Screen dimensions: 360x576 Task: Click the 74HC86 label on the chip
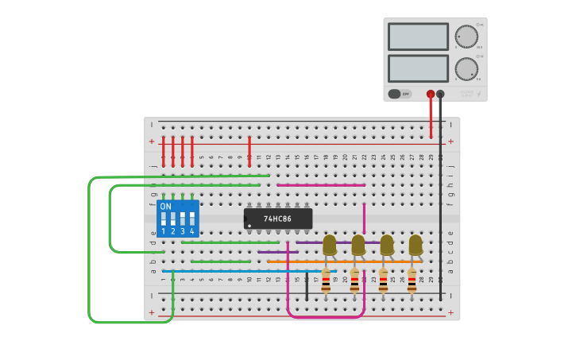(277, 219)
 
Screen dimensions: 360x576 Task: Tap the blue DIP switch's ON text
(165, 207)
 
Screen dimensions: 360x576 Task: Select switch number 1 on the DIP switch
(164, 218)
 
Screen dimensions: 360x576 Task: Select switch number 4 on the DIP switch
(191, 218)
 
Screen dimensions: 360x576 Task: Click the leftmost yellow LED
(330, 244)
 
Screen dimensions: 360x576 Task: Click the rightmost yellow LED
(416, 244)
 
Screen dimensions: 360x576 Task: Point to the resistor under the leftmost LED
(326, 281)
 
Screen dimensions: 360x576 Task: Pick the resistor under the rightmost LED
(412, 281)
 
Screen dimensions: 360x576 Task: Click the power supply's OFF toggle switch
(400, 94)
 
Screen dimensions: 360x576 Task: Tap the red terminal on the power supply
(431, 94)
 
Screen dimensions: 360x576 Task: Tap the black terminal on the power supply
(440, 94)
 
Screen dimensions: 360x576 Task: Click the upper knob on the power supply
(466, 37)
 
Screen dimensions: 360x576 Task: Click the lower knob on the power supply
(466, 68)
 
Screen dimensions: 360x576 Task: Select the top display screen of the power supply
(418, 37)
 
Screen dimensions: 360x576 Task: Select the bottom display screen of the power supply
(418, 68)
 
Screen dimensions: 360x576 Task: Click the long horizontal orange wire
(342, 261)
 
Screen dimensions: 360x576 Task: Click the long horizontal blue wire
(238, 271)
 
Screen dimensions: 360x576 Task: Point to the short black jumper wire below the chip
(307, 286)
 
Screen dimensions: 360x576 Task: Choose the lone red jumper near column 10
(249, 151)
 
